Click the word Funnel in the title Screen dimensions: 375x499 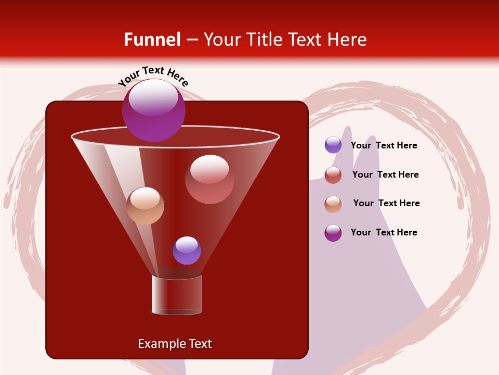(152, 40)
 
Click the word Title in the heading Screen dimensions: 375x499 (262, 40)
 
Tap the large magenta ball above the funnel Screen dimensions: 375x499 (153, 110)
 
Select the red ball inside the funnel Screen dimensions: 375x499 (209, 179)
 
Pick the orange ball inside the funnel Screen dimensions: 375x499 (145, 206)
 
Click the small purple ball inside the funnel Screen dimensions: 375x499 (187, 251)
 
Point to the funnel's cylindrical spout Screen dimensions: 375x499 (177, 295)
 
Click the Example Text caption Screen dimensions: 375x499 (175, 344)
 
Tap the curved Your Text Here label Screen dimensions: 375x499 (153, 76)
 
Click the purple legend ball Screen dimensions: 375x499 (333, 145)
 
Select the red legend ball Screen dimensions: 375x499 (333, 175)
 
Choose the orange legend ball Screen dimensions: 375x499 (333, 204)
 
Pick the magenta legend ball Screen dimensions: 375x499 (333, 233)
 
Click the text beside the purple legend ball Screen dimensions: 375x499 (384, 146)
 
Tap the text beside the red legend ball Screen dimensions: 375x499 (385, 175)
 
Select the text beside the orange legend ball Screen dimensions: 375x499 (386, 204)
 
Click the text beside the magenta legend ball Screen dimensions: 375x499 (384, 232)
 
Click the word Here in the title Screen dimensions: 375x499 (344, 40)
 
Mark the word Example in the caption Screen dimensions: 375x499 (158, 344)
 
